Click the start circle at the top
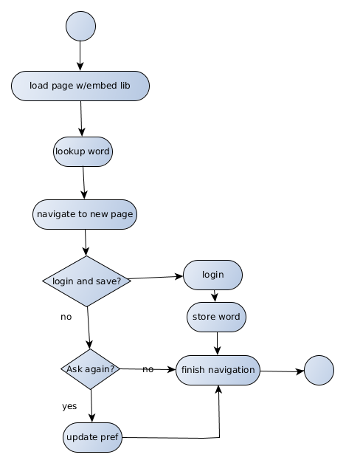pos(80,27)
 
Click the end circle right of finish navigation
pos(319,370)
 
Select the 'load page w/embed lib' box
pos(80,86)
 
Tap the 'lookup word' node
pos(83,151)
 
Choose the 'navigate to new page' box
pos(85,214)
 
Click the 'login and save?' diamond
pos(87,281)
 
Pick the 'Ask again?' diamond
pos(90,369)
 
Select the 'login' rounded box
pos(212,275)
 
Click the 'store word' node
pos(216,317)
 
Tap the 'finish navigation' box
pos(218,370)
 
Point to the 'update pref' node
pos(92,437)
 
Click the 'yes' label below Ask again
pos(69,406)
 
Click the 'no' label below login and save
pos(66,317)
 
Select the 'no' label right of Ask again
pos(148,369)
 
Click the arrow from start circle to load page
pos(80,55)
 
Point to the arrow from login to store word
pos(215,295)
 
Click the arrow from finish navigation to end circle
pos(282,371)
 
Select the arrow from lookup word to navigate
pos(83,182)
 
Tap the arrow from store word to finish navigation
pos(217,343)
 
